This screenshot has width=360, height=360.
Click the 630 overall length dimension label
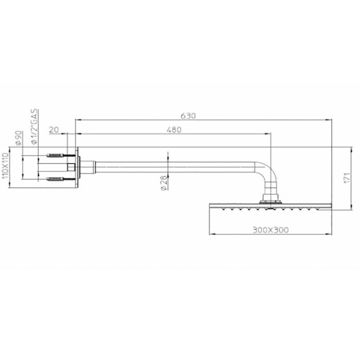[189, 116]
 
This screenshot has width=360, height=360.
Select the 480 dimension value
[175, 130]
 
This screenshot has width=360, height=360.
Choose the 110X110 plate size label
[5, 166]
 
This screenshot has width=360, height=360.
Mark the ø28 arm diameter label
[162, 183]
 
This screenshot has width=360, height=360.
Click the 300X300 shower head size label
[271, 229]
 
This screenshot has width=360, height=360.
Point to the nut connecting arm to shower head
[271, 198]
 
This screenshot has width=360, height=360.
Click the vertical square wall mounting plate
[77, 167]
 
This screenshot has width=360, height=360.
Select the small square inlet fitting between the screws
[71, 167]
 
